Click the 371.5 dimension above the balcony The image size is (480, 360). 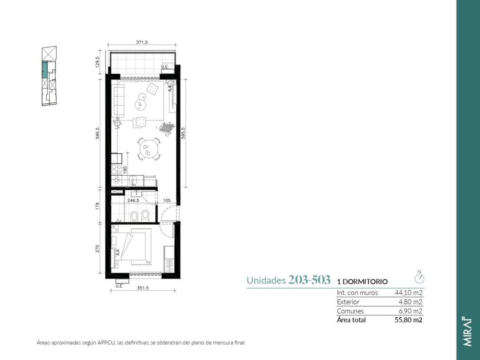coord(142,42)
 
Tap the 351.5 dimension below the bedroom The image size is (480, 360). coord(143,288)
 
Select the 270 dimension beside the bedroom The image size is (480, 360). coord(98,248)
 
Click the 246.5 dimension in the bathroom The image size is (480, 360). coord(133,200)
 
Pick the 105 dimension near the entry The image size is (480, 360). coord(167,200)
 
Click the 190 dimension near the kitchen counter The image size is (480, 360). coord(125,170)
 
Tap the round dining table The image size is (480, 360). coord(149,149)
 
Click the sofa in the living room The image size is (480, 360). coord(119,100)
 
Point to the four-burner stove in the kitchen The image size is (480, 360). coord(116,169)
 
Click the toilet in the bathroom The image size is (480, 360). coord(145,216)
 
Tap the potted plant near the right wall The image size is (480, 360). coord(167,128)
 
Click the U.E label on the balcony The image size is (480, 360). coord(164,66)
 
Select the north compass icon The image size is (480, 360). coord(419,278)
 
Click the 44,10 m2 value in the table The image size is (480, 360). coord(408,292)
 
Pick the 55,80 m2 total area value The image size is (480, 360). coord(408,320)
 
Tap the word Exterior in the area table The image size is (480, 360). coord(348,302)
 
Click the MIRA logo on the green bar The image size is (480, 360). coord(467,332)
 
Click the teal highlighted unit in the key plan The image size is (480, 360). coord(45,69)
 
